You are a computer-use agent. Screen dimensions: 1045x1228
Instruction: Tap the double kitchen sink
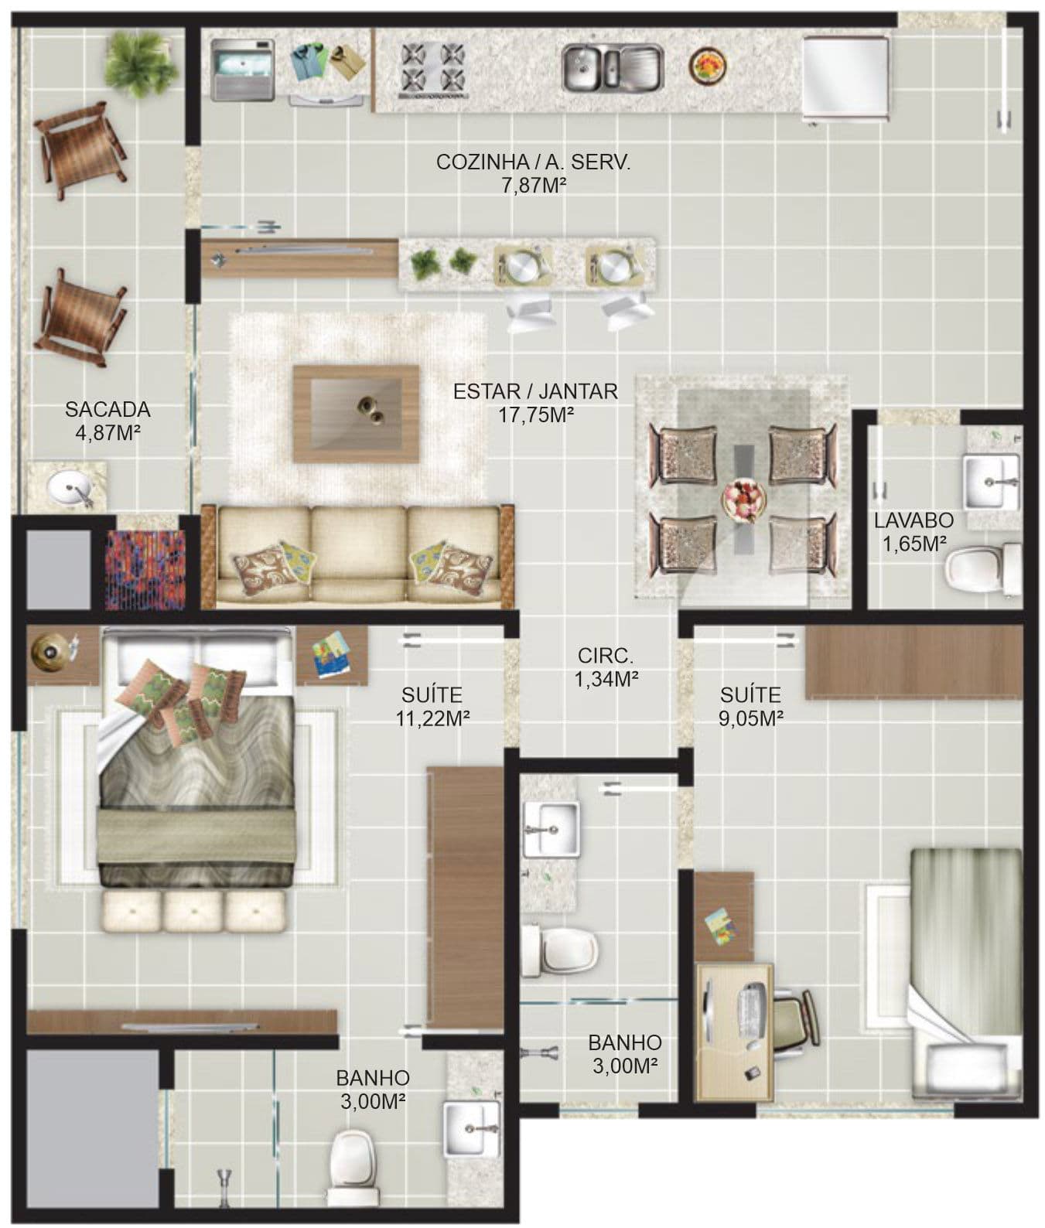612,67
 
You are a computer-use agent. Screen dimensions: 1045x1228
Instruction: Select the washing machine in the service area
243,70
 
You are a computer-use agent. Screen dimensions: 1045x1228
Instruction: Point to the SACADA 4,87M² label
108,420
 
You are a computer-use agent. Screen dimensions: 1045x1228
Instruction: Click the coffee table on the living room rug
357,414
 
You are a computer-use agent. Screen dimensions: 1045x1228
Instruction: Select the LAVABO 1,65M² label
914,532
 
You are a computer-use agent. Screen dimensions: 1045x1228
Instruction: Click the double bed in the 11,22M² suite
197,758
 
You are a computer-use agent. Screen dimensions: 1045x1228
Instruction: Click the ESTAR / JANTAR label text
535,391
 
